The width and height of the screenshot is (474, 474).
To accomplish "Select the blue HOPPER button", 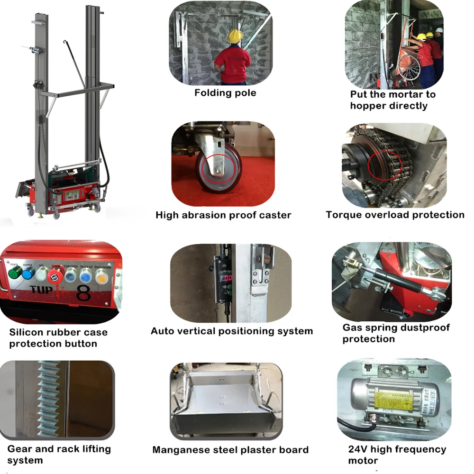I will tap(29, 273).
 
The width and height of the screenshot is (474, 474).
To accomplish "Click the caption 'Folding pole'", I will tap(225, 93).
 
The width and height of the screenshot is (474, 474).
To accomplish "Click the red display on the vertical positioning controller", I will tap(228, 278).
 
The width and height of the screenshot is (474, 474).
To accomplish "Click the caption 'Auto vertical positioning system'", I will tap(231, 331).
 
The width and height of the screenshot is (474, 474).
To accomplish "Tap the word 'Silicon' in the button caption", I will tap(25, 332).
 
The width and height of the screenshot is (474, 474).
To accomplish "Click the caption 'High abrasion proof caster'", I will tap(223, 215).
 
